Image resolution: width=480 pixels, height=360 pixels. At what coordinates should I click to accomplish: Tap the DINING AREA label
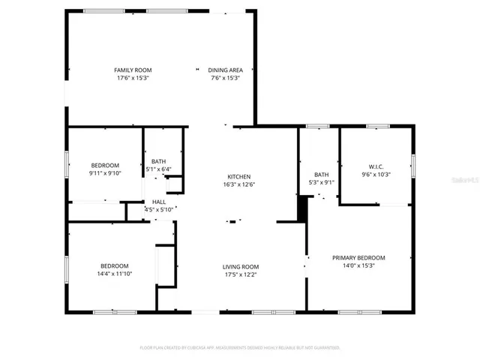224,70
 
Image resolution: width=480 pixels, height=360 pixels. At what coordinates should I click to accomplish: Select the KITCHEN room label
239,176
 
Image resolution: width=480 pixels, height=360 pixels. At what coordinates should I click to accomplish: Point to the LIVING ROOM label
240,266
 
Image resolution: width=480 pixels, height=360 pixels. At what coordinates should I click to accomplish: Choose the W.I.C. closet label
376,166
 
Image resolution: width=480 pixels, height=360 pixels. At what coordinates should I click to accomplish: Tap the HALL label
159,202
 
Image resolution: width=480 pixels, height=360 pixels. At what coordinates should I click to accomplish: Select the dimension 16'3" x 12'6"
239,184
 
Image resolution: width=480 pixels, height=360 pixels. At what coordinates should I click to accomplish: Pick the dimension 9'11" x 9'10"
105,173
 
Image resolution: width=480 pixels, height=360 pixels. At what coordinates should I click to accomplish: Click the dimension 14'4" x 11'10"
115,274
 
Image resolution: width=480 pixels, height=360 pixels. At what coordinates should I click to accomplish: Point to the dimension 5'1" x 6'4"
158,169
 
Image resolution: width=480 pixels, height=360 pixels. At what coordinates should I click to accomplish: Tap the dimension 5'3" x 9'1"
321,182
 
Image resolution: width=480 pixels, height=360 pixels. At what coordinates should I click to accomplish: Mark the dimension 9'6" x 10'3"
376,175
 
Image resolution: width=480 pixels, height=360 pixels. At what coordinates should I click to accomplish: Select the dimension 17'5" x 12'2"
240,274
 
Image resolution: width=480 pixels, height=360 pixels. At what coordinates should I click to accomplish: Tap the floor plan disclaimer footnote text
240,347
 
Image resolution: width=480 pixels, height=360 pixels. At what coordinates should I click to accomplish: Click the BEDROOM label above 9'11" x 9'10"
105,165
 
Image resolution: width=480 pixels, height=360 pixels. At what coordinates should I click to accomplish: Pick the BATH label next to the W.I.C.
321,174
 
